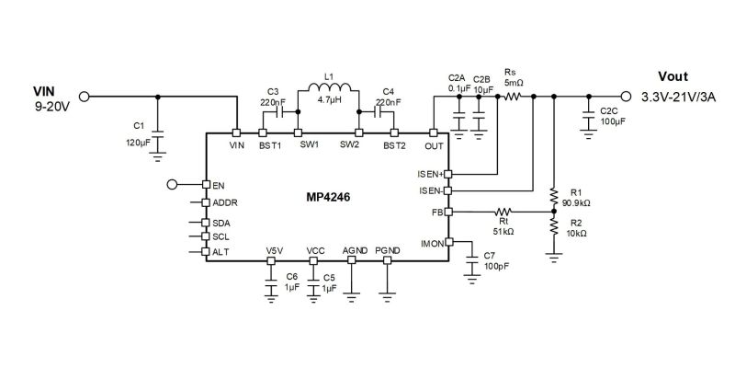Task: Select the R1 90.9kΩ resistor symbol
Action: (x=554, y=196)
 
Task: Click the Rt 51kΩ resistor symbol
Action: (x=503, y=213)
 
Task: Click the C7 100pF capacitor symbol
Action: (x=473, y=262)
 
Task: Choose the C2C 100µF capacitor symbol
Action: (x=588, y=115)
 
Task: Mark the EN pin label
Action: (x=219, y=185)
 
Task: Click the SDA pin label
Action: (x=221, y=223)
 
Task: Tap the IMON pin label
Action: (x=432, y=243)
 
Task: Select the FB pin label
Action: (x=437, y=213)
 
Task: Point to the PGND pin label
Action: (x=387, y=249)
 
